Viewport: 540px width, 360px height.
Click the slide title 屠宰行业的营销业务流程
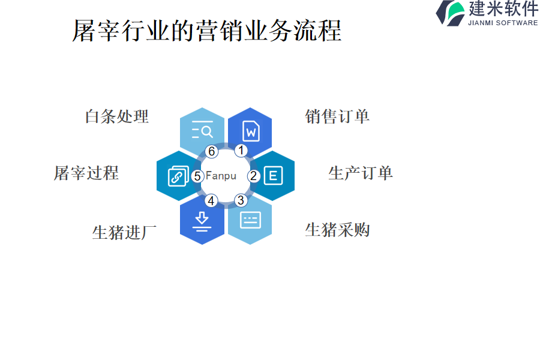[x=206, y=30]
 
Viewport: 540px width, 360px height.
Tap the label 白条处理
[x=117, y=116]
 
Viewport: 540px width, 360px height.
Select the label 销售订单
[x=337, y=116]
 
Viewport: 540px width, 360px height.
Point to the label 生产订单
[x=361, y=173]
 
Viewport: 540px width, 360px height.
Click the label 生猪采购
[x=337, y=230]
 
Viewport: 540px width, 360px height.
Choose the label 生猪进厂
[x=124, y=232]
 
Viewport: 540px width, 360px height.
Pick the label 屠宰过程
[x=86, y=173]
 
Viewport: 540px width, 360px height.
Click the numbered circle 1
[x=241, y=151]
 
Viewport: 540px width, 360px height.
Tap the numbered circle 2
[x=254, y=176]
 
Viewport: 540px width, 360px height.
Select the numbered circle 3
[x=240, y=200]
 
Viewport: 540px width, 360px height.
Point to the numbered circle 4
[x=211, y=200]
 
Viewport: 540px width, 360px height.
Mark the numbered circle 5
[x=197, y=176]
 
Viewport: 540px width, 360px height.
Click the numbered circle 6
[x=211, y=152]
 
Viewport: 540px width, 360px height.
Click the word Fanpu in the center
[x=221, y=176]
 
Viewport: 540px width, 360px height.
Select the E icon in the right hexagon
[x=273, y=176]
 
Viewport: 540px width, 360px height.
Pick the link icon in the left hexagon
[x=178, y=176]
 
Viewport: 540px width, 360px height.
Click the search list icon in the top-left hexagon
[x=202, y=130]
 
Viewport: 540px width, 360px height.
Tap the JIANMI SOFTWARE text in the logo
[x=503, y=23]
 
